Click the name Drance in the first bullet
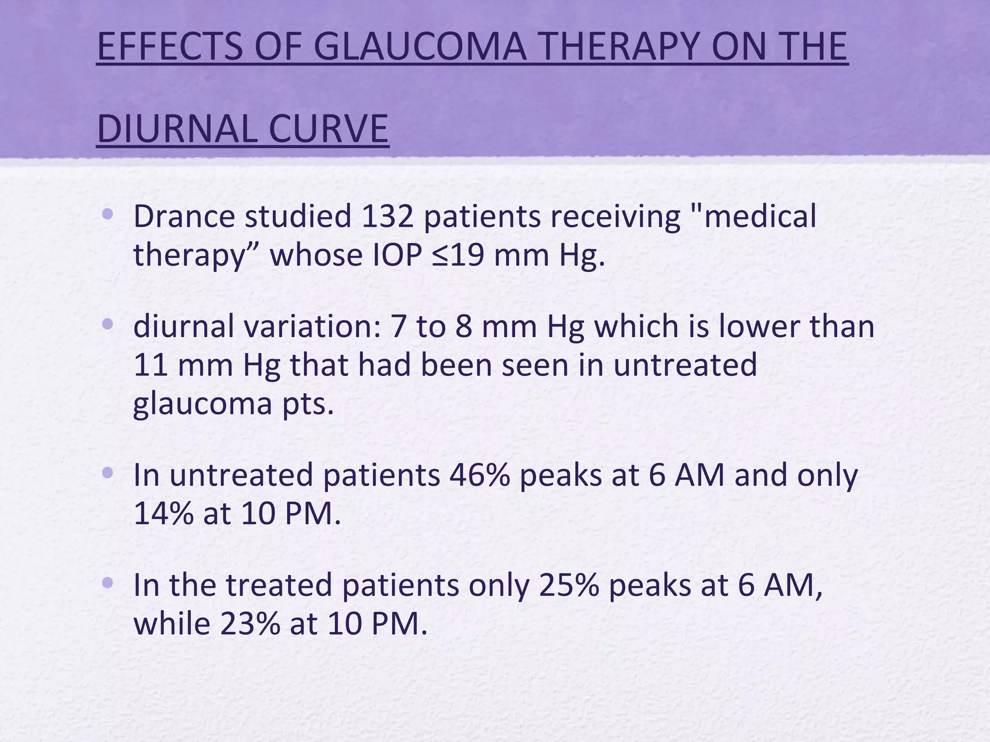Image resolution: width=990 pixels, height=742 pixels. (184, 216)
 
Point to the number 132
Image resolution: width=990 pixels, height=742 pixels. (387, 216)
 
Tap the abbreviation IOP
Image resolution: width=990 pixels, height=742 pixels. (398, 255)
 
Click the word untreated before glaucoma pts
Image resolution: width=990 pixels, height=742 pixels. (684, 365)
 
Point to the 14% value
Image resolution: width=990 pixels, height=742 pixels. (163, 514)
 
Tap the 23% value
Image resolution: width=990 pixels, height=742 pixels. (250, 624)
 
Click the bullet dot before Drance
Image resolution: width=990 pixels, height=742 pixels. (108, 214)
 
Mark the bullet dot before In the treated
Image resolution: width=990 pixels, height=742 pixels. (108, 583)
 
